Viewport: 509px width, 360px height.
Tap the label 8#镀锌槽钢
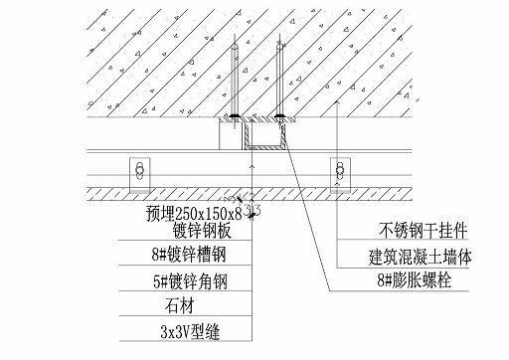click(189, 256)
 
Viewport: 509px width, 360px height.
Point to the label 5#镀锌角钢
click(189, 281)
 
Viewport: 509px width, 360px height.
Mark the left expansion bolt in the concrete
click(233, 80)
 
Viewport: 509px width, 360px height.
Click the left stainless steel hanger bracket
click(138, 171)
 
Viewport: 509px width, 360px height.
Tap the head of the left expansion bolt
click(233, 116)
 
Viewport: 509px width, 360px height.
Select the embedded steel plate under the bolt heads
click(255, 121)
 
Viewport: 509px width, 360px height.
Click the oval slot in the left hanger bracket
click(138, 168)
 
